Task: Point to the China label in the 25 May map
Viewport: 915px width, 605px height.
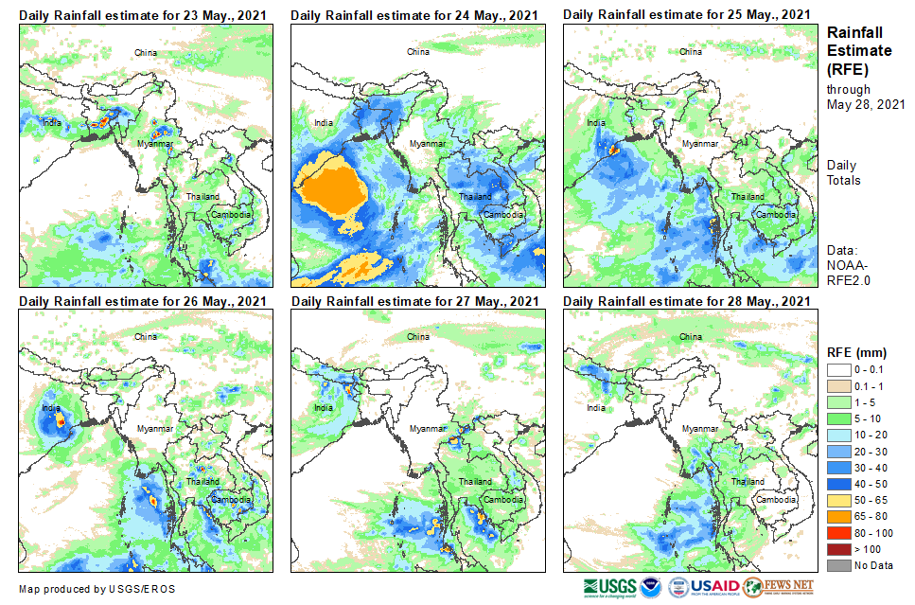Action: (x=691, y=52)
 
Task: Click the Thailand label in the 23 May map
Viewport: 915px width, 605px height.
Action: (x=202, y=197)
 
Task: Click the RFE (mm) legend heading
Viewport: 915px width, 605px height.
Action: (x=857, y=352)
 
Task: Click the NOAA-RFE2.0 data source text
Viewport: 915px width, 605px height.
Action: (x=849, y=273)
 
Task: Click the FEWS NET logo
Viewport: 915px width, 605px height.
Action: (x=778, y=587)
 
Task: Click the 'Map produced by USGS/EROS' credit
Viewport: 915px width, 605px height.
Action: (x=97, y=589)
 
